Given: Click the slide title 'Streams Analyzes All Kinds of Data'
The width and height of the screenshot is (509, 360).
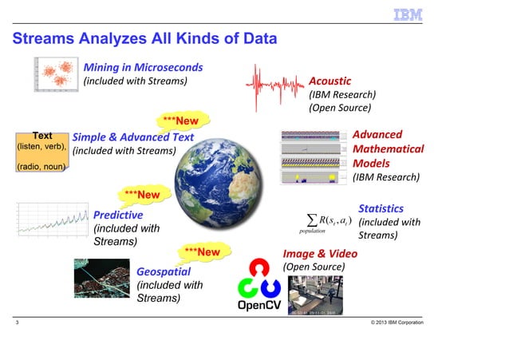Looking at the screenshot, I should click(x=144, y=38).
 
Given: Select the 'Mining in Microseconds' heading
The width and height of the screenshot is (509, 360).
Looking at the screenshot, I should click(x=144, y=66).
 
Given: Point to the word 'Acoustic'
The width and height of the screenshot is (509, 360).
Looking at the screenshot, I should click(x=329, y=81).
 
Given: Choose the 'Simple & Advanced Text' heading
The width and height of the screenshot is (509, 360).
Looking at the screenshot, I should click(x=133, y=136).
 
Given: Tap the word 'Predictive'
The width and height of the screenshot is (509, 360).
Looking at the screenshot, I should click(x=118, y=215).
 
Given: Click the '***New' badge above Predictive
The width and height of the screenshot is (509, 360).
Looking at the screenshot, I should click(x=141, y=194).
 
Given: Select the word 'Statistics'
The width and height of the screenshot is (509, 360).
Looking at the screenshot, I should click(x=381, y=208).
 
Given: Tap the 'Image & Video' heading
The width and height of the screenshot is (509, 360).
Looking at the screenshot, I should click(x=320, y=253).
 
